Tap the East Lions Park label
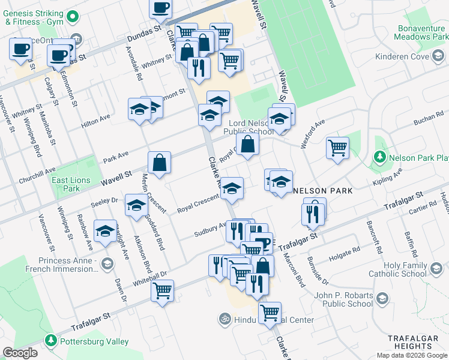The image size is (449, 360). pyautogui.click(x=70, y=184)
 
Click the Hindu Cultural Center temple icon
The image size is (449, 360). pyautogui.click(x=225, y=319)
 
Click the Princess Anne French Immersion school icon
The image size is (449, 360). pyautogui.click(x=107, y=263)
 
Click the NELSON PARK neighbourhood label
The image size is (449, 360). pyautogui.click(x=322, y=190)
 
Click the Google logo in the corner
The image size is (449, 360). pyautogui.click(x=20, y=352)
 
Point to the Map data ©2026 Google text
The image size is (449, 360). pyautogui.click(x=411, y=355)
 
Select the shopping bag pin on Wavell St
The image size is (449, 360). pyautogui.click(x=159, y=162)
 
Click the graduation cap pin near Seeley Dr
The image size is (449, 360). pyautogui.click(x=137, y=205)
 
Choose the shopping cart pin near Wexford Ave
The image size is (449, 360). pyautogui.click(x=338, y=147)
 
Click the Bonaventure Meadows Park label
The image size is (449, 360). pyautogui.click(x=422, y=32)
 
